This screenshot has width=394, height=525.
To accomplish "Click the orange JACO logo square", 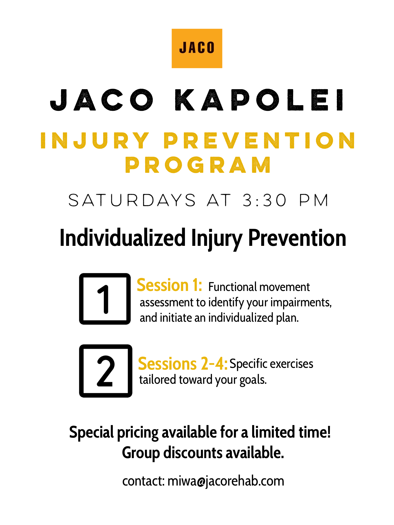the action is [x=197, y=48].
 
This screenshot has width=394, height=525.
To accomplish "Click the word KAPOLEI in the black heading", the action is [x=259, y=100].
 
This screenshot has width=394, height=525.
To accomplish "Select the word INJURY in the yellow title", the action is [x=95, y=140].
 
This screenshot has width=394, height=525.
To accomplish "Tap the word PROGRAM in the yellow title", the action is [x=198, y=165].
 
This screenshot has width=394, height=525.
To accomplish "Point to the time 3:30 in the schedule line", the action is [x=264, y=200].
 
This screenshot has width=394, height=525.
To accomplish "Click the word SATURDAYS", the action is [x=132, y=200].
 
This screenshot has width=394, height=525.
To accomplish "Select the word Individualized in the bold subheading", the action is [x=123, y=238].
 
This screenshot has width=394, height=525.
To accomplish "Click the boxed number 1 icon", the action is [x=105, y=299].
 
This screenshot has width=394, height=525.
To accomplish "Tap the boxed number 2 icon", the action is [x=106, y=371].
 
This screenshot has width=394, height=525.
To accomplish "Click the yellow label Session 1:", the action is [x=169, y=285].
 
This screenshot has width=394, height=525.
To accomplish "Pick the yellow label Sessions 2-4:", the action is [x=183, y=364].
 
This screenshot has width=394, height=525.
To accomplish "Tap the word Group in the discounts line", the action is [x=141, y=453].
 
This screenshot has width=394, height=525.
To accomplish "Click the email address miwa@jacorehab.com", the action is [x=226, y=481].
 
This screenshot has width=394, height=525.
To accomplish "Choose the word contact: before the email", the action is [x=143, y=481].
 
